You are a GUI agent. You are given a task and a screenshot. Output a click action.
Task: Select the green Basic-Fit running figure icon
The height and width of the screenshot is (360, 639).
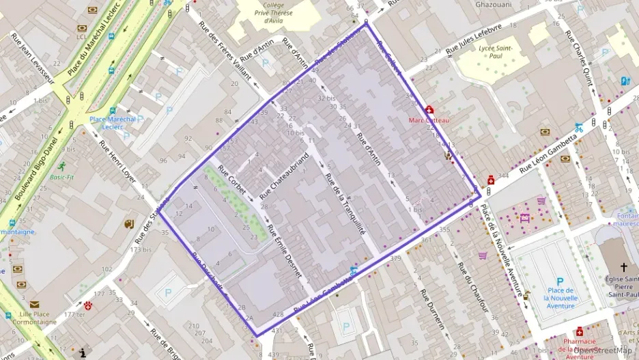(x=62, y=166)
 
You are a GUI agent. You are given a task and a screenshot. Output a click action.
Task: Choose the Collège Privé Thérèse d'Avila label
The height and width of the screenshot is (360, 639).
(x=272, y=13)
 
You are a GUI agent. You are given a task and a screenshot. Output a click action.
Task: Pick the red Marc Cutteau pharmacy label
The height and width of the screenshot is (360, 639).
(x=429, y=120)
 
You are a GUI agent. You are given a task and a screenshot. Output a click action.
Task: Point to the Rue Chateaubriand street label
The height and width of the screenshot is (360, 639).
(x=284, y=174)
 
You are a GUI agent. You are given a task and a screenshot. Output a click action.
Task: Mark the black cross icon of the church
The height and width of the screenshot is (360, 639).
(x=623, y=267)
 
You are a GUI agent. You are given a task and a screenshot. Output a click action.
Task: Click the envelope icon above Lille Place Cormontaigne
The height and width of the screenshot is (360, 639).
(x=34, y=305)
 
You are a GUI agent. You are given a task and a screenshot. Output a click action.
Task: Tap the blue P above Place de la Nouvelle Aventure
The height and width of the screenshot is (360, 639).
(x=560, y=281)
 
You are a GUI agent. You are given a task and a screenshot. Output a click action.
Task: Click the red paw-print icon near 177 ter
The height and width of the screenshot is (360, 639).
(x=87, y=306)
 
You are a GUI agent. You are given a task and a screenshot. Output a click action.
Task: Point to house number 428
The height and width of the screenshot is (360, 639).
(x=278, y=314)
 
